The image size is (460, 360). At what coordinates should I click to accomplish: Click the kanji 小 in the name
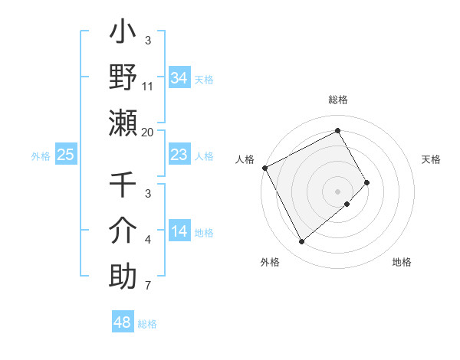(x=123, y=34)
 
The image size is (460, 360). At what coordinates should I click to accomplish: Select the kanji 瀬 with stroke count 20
(x=123, y=122)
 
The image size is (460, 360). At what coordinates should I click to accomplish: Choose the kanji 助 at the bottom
(x=123, y=275)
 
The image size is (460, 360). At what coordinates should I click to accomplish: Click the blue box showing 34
(x=179, y=77)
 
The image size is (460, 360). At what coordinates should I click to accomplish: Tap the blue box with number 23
(x=179, y=155)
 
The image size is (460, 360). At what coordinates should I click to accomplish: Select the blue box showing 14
(x=179, y=231)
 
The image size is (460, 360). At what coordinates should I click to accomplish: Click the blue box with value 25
(x=66, y=155)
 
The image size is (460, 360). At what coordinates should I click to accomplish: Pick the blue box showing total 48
(x=123, y=322)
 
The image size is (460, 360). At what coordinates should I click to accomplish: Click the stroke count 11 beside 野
(x=148, y=86)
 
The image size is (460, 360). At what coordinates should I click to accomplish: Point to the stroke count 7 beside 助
(x=148, y=286)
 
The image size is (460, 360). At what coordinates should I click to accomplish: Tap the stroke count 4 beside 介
(x=148, y=241)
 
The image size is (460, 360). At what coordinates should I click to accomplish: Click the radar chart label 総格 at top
(x=338, y=100)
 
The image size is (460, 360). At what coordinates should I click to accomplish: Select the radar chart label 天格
(x=432, y=159)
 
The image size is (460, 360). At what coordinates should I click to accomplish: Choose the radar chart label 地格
(x=402, y=262)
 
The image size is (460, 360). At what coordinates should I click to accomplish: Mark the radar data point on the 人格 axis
(x=264, y=167)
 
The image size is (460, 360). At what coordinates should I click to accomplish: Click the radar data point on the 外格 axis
(x=301, y=242)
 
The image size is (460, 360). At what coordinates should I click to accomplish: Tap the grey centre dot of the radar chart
(x=338, y=191)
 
